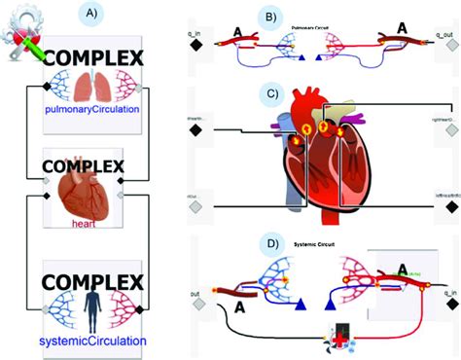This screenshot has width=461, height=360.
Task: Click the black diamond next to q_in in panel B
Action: (195, 46)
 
